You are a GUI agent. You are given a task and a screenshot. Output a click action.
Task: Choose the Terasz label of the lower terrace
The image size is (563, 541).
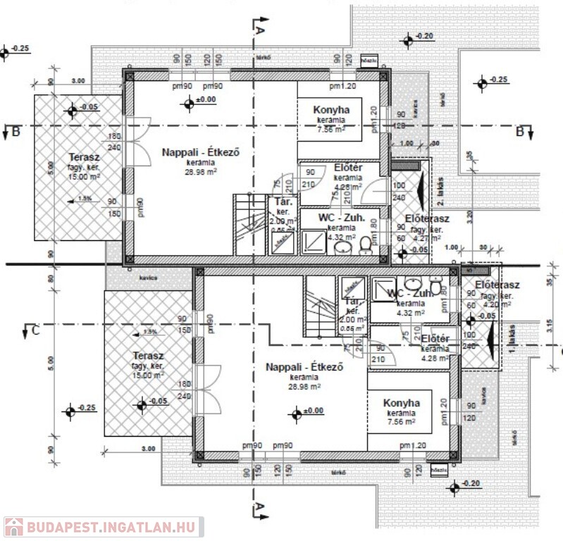point(147,356)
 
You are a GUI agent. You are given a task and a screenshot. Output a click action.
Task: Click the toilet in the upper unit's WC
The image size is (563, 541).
point(365,243)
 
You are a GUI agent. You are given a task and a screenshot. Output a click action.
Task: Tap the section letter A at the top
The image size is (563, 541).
point(259,30)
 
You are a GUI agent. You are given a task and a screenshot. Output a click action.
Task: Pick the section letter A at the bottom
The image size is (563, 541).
point(259,507)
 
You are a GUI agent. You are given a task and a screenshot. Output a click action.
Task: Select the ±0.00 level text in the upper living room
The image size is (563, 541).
point(206,100)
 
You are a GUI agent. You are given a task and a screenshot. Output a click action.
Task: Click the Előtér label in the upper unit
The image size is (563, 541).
point(348,168)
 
